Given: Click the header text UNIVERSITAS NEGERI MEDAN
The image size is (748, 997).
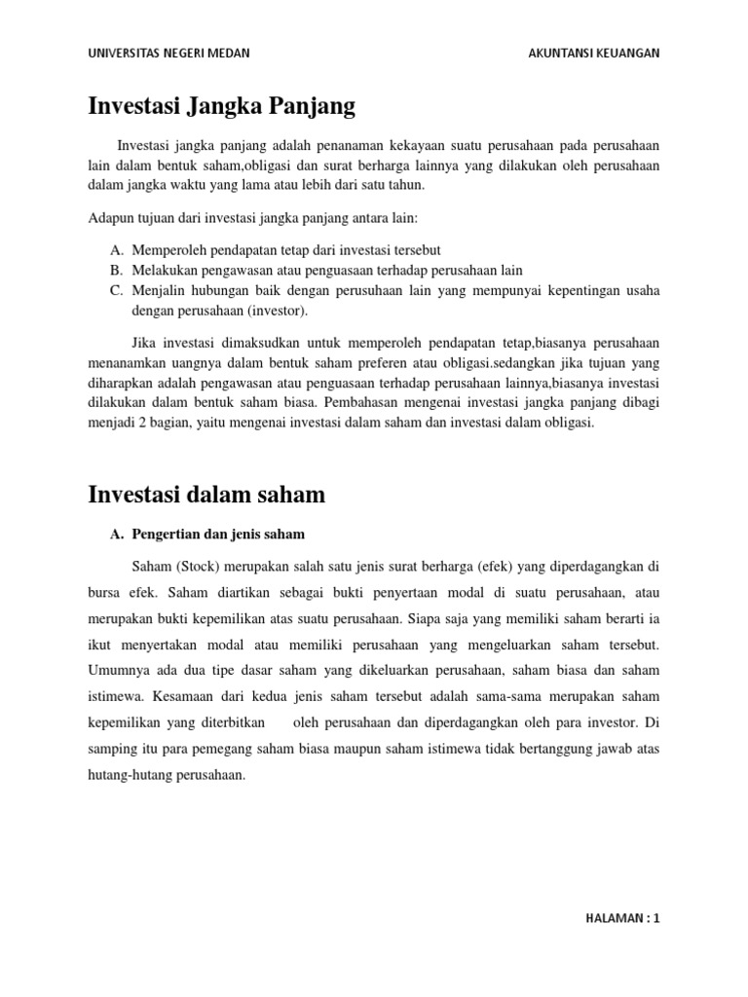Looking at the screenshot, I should coord(168,54).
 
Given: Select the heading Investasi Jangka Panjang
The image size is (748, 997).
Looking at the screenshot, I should coord(222,104).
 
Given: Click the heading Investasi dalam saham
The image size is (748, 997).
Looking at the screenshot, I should coord(206,495).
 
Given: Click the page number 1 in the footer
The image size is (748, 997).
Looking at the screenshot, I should coord(656,918).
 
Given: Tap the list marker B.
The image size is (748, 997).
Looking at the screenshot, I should coord(115,270).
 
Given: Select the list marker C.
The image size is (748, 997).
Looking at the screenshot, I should coord(115,290).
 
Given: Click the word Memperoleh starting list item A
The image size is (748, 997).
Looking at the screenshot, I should coord(167,250).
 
